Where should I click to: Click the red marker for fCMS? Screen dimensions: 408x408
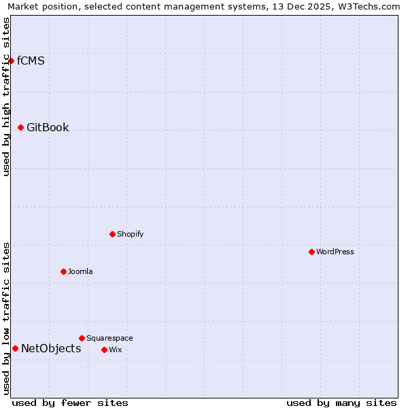click(x=11, y=61)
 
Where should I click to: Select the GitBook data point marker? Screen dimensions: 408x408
click(x=20, y=128)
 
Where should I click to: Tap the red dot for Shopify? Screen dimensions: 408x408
click(x=112, y=235)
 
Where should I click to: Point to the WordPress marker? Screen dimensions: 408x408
click(x=311, y=252)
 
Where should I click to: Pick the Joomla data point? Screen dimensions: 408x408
click(x=63, y=271)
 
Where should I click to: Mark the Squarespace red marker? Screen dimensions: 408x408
click(x=82, y=338)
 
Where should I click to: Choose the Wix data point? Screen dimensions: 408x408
click(x=104, y=350)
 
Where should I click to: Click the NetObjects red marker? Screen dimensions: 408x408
click(x=15, y=349)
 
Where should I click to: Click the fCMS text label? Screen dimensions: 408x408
click(x=31, y=61)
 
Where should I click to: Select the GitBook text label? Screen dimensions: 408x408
click(x=48, y=128)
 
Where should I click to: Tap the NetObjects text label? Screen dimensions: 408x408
click(x=51, y=349)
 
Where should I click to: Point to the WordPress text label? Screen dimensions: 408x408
click(x=335, y=252)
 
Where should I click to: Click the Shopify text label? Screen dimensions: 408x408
click(x=131, y=235)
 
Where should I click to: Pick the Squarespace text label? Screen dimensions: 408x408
click(x=109, y=338)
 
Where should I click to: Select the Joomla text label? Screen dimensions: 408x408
click(x=80, y=271)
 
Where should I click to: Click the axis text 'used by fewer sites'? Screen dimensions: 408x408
click(x=70, y=403)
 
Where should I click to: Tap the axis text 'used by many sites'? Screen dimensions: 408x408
click(x=341, y=403)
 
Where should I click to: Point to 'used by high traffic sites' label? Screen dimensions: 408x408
click(x=6, y=97)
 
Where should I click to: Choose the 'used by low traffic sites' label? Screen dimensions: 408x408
click(x=6, y=318)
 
